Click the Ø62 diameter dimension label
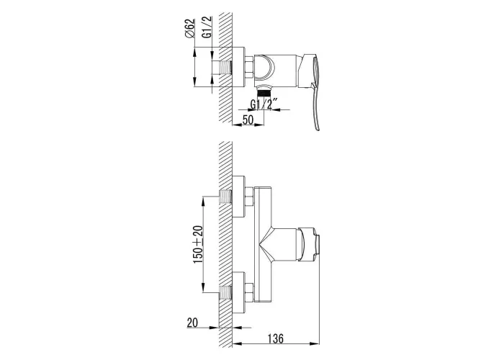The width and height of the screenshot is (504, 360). [x=190, y=29]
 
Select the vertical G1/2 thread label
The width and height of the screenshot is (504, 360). [x=207, y=27]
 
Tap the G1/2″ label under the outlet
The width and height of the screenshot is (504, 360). [x=264, y=104]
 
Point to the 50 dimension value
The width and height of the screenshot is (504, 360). [x=248, y=120]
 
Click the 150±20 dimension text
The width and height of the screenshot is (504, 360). [x=198, y=244]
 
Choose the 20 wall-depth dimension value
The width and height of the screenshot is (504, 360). [x=192, y=323]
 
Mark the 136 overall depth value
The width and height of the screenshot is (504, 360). [x=276, y=338]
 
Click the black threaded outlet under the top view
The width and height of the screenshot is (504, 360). [x=264, y=93]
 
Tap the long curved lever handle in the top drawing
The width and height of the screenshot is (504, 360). [x=315, y=91]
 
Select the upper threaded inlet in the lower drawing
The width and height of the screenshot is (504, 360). [x=225, y=197]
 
